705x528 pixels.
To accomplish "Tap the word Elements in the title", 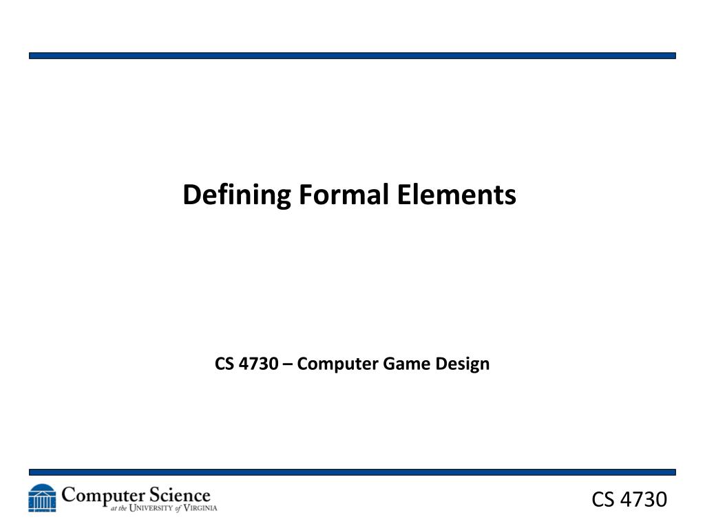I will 456,195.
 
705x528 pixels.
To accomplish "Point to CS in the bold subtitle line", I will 224,364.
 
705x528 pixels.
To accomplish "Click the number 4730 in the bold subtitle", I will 257,364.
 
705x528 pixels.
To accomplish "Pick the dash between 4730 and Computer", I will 286,364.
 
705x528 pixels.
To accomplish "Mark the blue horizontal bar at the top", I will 352,56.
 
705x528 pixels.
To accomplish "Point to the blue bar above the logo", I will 352,472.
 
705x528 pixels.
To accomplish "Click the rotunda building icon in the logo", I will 42,498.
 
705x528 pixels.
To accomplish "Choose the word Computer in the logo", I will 103,496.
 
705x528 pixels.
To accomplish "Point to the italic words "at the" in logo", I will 119,509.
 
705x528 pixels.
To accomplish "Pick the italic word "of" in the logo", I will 178,509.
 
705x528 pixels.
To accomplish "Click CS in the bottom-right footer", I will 604,500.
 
